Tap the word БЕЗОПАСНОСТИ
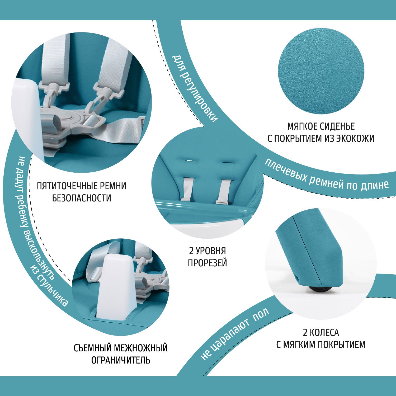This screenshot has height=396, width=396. pyautogui.click(x=82, y=198)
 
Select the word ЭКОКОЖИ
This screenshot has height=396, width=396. pyautogui.click(x=355, y=138)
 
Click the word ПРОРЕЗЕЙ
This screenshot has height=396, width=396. pyautogui.click(x=208, y=263)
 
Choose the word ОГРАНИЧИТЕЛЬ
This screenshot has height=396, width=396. pyautogui.click(x=121, y=360)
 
